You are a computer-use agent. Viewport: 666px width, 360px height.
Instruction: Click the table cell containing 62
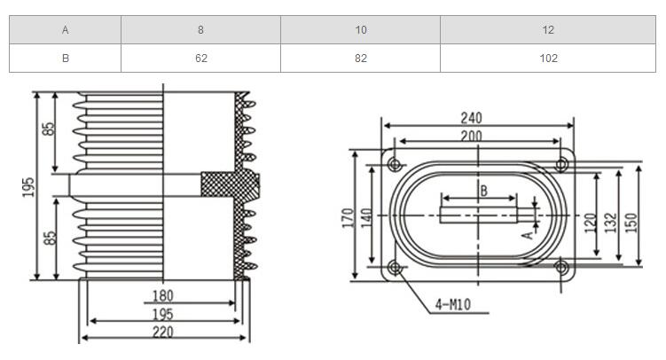click(200, 59)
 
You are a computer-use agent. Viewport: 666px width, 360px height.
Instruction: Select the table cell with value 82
click(361, 59)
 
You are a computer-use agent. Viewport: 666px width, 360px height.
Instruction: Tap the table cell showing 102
click(548, 59)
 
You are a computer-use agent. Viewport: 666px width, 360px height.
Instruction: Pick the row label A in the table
click(66, 30)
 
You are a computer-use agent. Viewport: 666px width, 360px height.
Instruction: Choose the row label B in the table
click(66, 59)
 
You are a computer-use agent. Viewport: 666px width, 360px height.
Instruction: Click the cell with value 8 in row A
click(200, 30)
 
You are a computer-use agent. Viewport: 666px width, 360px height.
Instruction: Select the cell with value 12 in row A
click(548, 30)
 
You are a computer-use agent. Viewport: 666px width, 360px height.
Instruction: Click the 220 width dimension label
click(161, 333)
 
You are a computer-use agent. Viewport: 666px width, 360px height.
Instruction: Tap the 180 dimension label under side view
click(162, 295)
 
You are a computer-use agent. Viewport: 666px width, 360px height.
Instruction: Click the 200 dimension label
click(472, 135)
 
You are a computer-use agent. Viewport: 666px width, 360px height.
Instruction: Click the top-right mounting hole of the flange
click(561, 165)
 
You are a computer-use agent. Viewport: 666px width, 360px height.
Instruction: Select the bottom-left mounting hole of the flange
click(395, 267)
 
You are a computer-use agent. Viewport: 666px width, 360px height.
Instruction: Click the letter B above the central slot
click(483, 190)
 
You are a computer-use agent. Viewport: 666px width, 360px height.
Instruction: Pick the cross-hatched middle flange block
click(229, 184)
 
